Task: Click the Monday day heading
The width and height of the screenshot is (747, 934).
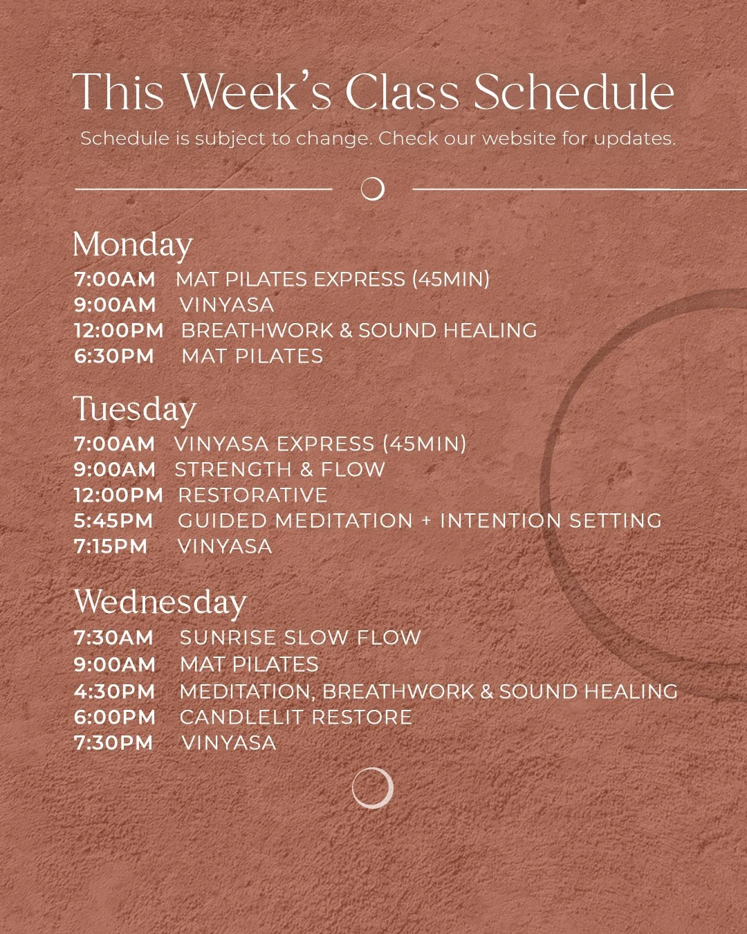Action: tap(132, 246)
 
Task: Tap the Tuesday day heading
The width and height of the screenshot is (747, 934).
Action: tap(134, 410)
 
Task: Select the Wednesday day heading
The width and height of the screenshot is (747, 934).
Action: tap(159, 603)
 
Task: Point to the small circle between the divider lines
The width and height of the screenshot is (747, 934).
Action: tap(373, 188)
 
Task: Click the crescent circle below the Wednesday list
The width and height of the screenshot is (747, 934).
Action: tap(372, 788)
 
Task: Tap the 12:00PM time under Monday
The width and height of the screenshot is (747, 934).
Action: tap(118, 331)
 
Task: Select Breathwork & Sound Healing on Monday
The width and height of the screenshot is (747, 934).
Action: tap(359, 331)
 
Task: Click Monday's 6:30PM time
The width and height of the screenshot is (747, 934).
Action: tap(114, 356)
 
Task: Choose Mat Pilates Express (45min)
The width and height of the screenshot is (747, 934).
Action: tap(333, 280)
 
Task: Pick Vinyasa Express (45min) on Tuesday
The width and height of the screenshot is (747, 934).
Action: tap(320, 443)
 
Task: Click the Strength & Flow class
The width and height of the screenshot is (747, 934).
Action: tap(279, 470)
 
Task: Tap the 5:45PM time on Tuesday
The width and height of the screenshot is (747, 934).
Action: tap(113, 521)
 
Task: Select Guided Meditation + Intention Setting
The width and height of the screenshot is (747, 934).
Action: tap(420, 521)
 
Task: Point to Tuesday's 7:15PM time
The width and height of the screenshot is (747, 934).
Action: tap(111, 547)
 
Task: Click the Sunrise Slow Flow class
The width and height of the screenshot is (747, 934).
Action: tap(300, 638)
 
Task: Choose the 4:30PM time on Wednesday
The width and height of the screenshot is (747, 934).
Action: tap(115, 691)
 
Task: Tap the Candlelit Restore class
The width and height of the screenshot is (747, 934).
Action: tap(295, 717)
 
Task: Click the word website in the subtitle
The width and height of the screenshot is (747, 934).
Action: tap(519, 138)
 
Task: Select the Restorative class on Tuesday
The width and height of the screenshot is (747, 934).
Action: tap(252, 495)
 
